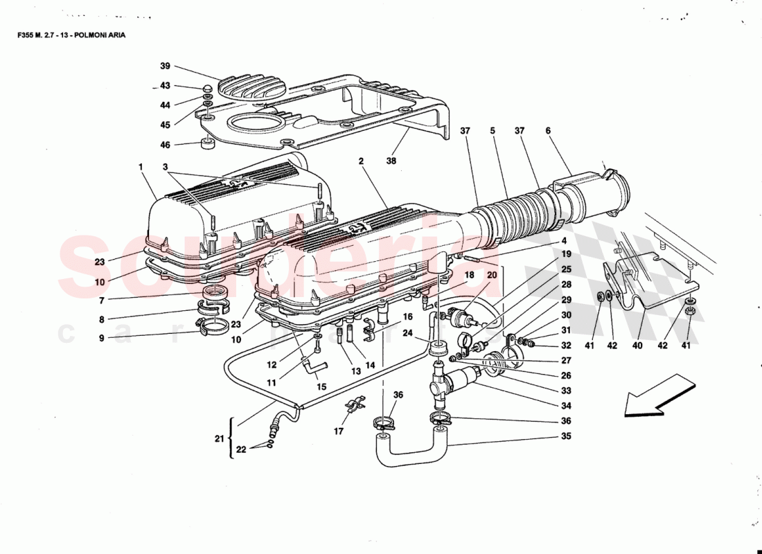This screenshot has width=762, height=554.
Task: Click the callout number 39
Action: click(x=165, y=66)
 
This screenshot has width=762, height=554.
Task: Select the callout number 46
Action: click(x=165, y=145)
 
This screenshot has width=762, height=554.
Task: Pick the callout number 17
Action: click(x=338, y=431)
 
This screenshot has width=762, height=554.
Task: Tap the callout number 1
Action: click(x=140, y=167)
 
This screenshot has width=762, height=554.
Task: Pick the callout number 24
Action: click(x=407, y=333)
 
